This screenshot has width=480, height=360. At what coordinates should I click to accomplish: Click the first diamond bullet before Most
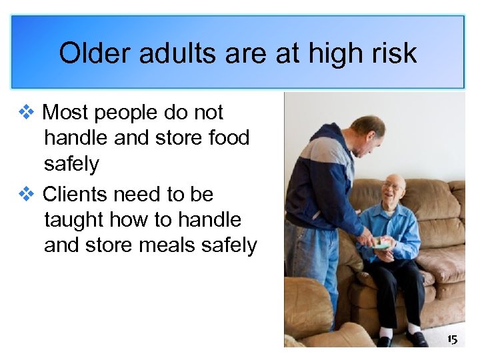click(26, 113)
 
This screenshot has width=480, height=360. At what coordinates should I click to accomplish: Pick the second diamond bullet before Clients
click(26, 195)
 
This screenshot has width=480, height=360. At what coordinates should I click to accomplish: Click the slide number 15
click(452, 340)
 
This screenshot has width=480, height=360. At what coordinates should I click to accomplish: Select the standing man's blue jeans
click(313, 267)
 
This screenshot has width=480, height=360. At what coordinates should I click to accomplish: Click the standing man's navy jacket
click(320, 187)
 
